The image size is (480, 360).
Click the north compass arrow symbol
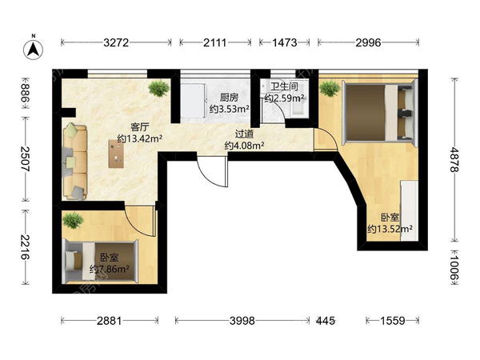33,49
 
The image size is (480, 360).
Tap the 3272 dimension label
116,42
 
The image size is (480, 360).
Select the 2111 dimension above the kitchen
215,42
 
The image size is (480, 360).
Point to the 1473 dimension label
285,42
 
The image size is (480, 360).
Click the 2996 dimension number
368,42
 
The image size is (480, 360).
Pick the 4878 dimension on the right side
454,159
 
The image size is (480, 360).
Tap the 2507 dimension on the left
26,159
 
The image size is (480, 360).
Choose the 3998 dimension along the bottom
242,321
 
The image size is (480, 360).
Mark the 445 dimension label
326,321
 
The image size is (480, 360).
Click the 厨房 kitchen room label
229,98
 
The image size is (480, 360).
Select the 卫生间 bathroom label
284,86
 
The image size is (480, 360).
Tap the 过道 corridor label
244,134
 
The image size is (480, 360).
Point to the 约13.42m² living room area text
140,138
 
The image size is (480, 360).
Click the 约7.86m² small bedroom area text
110,269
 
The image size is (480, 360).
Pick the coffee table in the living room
116,154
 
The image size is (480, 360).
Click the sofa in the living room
75,162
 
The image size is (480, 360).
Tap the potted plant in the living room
159,88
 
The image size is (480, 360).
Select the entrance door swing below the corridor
212,173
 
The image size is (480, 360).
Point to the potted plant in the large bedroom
330,88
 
